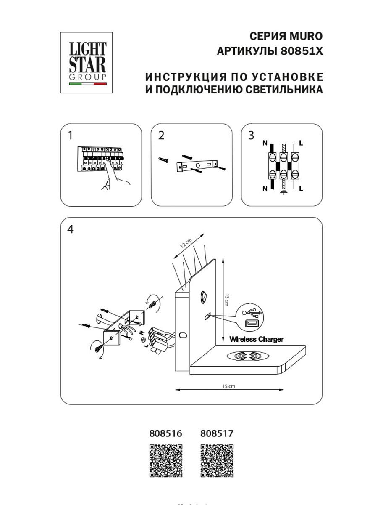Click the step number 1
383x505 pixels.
[70, 136]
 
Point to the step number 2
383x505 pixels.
[161, 136]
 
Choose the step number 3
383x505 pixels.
[251, 136]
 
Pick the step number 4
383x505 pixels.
[70, 229]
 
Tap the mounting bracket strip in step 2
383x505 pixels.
[197, 166]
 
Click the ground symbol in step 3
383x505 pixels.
[283, 194]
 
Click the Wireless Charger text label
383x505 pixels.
[256, 339]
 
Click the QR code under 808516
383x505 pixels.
[166, 461]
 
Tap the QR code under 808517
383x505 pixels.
[217, 461]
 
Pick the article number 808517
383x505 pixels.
[217, 433]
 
